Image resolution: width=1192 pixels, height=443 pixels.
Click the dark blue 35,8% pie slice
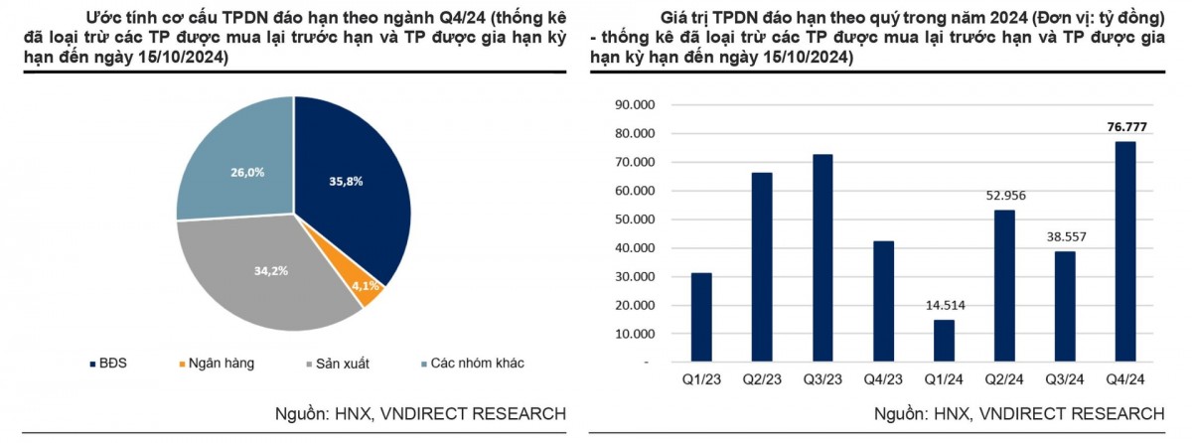(348, 189)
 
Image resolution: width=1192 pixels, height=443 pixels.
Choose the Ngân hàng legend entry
(217, 363)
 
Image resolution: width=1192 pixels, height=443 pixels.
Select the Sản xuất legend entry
(335, 363)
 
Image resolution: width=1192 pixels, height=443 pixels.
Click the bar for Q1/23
(701, 318)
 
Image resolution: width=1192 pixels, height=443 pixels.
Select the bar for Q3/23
(822, 258)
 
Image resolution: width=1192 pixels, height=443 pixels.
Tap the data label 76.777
(1124, 126)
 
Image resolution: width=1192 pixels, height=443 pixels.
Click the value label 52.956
(1004, 196)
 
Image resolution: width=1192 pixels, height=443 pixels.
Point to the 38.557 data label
(1065, 237)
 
